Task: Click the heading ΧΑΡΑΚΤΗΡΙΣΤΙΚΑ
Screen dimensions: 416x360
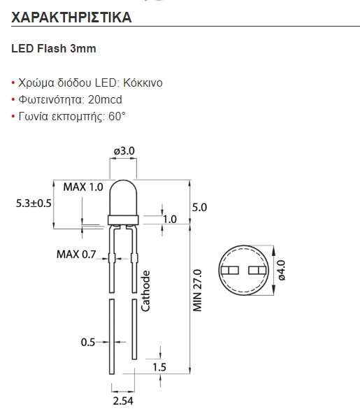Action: (72, 17)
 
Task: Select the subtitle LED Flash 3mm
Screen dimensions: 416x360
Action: (54, 49)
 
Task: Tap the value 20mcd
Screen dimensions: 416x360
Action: (102, 99)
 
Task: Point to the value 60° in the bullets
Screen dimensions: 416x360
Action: (117, 116)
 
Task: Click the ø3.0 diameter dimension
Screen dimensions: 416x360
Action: (124, 150)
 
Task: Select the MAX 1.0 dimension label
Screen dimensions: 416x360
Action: (82, 187)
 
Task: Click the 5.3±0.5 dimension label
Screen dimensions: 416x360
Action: (34, 203)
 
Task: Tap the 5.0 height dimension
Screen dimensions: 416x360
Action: (199, 208)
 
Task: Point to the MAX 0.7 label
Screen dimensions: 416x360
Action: (75, 254)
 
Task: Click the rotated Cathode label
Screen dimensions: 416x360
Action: (146, 290)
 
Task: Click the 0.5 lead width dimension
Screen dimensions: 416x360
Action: (87, 343)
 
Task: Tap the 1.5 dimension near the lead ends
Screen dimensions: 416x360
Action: (159, 367)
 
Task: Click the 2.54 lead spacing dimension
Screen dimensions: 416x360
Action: (123, 401)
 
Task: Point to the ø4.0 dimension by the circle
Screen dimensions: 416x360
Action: (281, 270)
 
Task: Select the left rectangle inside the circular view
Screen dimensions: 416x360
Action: (229, 270)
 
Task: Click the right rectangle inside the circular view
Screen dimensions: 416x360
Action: (257, 270)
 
